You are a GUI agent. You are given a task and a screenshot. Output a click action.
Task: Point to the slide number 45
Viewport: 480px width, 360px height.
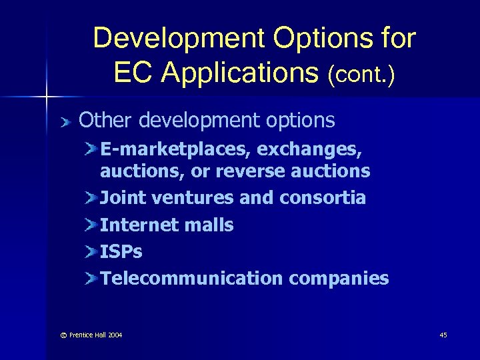click(443, 335)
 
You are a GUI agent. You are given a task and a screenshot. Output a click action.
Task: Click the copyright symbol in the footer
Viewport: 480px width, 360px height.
click(63, 335)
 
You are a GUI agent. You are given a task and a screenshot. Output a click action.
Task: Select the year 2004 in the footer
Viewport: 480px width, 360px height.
click(113, 335)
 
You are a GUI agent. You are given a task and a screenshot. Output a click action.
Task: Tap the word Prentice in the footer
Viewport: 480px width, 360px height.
click(81, 335)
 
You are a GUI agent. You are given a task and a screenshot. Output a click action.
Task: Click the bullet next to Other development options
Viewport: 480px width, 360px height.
click(65, 121)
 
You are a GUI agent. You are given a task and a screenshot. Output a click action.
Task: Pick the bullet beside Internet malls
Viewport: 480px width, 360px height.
click(91, 225)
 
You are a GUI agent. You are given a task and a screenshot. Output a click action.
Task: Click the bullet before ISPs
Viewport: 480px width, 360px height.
click(91, 252)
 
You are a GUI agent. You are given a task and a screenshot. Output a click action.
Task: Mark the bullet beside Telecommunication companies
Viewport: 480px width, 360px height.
click(91, 279)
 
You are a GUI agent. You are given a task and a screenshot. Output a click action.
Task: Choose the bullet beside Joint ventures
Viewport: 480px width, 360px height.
click(91, 198)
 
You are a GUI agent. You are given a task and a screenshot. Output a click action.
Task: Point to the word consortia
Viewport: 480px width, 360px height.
click(323, 198)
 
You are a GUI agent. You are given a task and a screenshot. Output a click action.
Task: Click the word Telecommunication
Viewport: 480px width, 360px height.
click(192, 279)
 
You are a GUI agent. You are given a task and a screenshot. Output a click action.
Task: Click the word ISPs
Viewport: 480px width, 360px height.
click(121, 252)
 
